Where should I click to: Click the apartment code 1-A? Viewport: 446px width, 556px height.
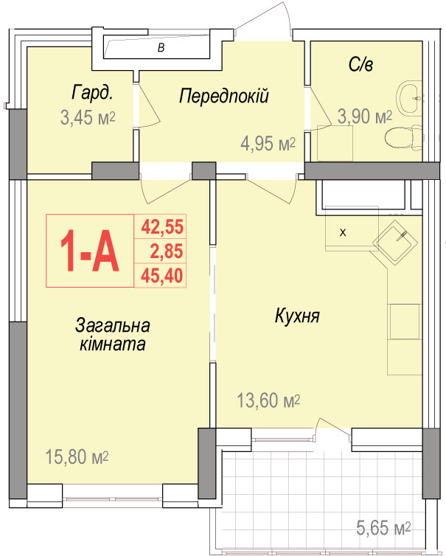click(x=90, y=251)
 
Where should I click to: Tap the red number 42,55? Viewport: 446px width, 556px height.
click(x=162, y=227)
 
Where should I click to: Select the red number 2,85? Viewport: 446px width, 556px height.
click(x=167, y=251)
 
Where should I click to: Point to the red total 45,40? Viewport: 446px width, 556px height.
click(x=162, y=276)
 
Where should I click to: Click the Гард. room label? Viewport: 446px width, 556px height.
click(x=93, y=93)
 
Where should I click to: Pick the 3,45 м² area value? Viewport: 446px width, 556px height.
click(x=88, y=117)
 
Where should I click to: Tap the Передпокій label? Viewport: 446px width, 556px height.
click(x=223, y=96)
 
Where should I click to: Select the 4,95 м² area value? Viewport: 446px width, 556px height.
click(x=268, y=144)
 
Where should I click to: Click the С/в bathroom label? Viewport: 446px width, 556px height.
click(x=360, y=64)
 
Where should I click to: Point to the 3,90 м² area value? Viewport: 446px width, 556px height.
click(x=364, y=117)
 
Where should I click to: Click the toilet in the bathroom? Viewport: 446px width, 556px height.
click(x=403, y=137)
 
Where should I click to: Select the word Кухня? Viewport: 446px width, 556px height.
click(x=297, y=316)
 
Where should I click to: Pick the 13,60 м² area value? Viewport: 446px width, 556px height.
click(x=268, y=400)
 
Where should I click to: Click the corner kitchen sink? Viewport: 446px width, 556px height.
click(x=395, y=242)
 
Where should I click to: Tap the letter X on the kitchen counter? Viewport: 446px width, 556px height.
click(x=343, y=233)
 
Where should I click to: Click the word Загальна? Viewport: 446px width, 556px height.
click(x=112, y=325)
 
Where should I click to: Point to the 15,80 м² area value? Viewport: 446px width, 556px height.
click(x=77, y=456)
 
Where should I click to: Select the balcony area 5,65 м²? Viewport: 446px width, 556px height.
click(x=383, y=528)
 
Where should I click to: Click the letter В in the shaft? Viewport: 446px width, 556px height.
click(x=161, y=47)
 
